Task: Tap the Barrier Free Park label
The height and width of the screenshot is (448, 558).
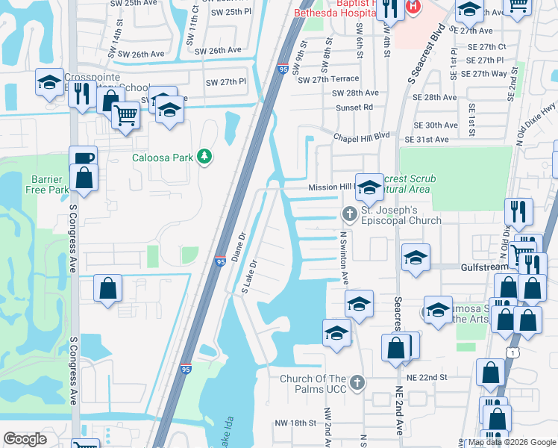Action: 50,184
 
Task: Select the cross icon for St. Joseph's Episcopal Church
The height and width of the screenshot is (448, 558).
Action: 348,214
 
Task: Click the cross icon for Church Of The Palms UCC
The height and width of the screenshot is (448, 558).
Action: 357,383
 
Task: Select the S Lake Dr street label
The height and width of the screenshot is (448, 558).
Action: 248,277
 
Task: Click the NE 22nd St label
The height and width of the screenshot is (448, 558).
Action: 426,378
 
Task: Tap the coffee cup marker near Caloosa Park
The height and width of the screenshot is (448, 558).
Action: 83,158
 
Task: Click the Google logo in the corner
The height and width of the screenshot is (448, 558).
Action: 25,439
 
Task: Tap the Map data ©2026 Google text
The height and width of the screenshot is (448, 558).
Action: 512,442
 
